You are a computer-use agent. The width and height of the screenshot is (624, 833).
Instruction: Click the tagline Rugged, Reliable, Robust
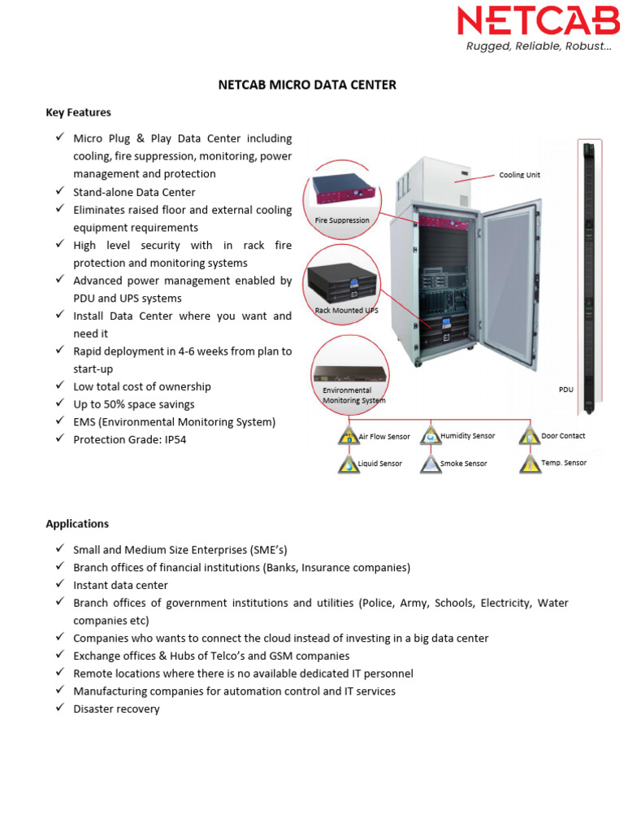[538, 46]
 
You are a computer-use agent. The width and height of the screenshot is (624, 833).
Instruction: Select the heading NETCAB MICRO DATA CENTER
[307, 85]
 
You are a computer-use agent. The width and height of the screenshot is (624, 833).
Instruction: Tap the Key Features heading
[78, 112]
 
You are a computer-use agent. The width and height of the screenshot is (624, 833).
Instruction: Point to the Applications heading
[77, 524]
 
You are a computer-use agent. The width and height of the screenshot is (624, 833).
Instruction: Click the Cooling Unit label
[519, 175]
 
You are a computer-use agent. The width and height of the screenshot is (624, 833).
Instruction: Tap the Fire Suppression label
[342, 220]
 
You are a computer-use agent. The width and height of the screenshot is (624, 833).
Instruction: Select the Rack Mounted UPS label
[346, 311]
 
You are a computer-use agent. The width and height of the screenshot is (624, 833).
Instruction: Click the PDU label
[565, 390]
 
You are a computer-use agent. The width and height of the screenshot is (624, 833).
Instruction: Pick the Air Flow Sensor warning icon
[349, 436]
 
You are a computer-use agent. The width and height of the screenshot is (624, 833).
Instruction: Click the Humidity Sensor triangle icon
[431, 436]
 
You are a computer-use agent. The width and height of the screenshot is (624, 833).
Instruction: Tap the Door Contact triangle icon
[530, 436]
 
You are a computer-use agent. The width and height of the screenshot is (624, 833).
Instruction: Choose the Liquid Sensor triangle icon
[349, 464]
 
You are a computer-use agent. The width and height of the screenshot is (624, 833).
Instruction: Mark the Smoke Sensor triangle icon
[431, 464]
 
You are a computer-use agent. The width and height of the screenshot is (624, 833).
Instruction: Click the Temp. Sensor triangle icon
[530, 464]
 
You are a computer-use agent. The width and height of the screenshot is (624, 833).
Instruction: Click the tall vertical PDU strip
[588, 277]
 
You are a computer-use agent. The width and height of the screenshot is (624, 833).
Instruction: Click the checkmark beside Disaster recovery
[60, 708]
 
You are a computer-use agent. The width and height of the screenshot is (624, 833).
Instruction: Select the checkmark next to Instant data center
[60, 584]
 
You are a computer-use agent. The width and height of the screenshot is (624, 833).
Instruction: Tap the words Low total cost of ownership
[141, 386]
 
